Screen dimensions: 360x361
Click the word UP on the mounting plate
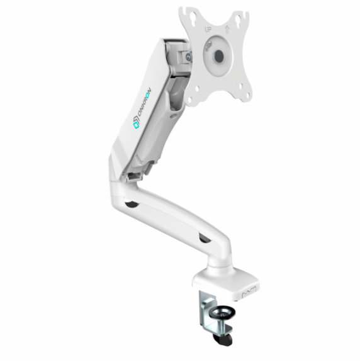(208, 30)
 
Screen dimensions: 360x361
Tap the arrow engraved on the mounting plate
(227, 30)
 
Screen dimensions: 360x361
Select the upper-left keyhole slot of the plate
(192, 19)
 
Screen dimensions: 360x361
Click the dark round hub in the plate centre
(219, 55)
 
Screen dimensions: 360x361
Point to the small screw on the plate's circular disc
(208, 45)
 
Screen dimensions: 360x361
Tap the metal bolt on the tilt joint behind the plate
(189, 57)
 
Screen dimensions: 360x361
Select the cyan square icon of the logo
(136, 125)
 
